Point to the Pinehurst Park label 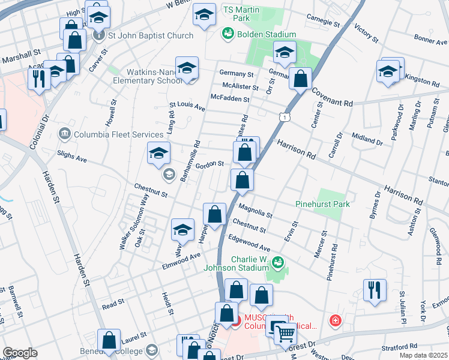tap(322, 204)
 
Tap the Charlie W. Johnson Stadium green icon tap(277, 262)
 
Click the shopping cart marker tap(286, 332)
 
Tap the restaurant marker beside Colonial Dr tap(39, 79)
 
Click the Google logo tap(20, 353)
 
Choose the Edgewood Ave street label tap(249, 243)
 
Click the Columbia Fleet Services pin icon tap(65, 133)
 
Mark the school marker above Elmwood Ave tap(183, 229)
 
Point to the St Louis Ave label tap(187, 106)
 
